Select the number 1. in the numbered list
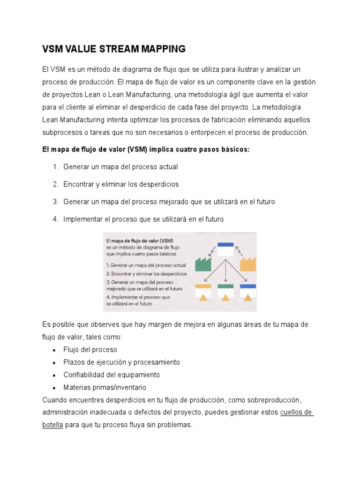(x=55, y=167)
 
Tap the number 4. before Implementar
(x=55, y=219)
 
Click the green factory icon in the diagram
(x=203, y=264)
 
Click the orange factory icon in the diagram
(x=248, y=264)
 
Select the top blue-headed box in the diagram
(x=225, y=248)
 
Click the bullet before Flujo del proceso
(x=55, y=350)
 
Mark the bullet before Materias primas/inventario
(x=55, y=388)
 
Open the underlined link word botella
(x=52, y=425)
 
